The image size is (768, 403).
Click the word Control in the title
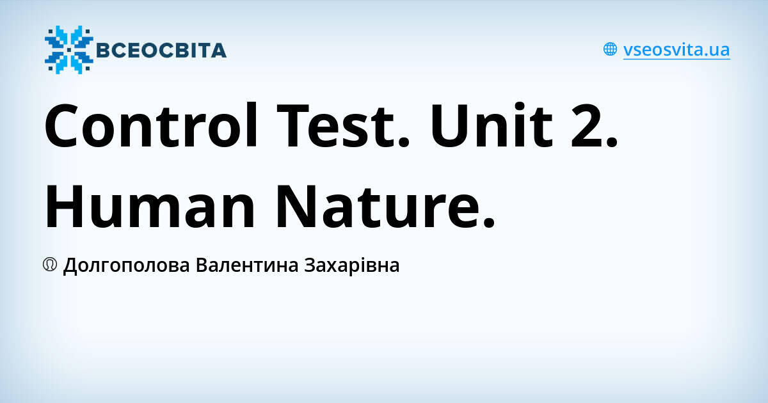pos(152,125)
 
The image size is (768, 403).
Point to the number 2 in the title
pos(595,125)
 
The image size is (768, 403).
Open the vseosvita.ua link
pos(676,50)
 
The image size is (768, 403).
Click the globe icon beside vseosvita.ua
pos(610,49)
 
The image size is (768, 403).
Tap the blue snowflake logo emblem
pos(68,50)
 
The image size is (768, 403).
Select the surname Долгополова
pos(126,265)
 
